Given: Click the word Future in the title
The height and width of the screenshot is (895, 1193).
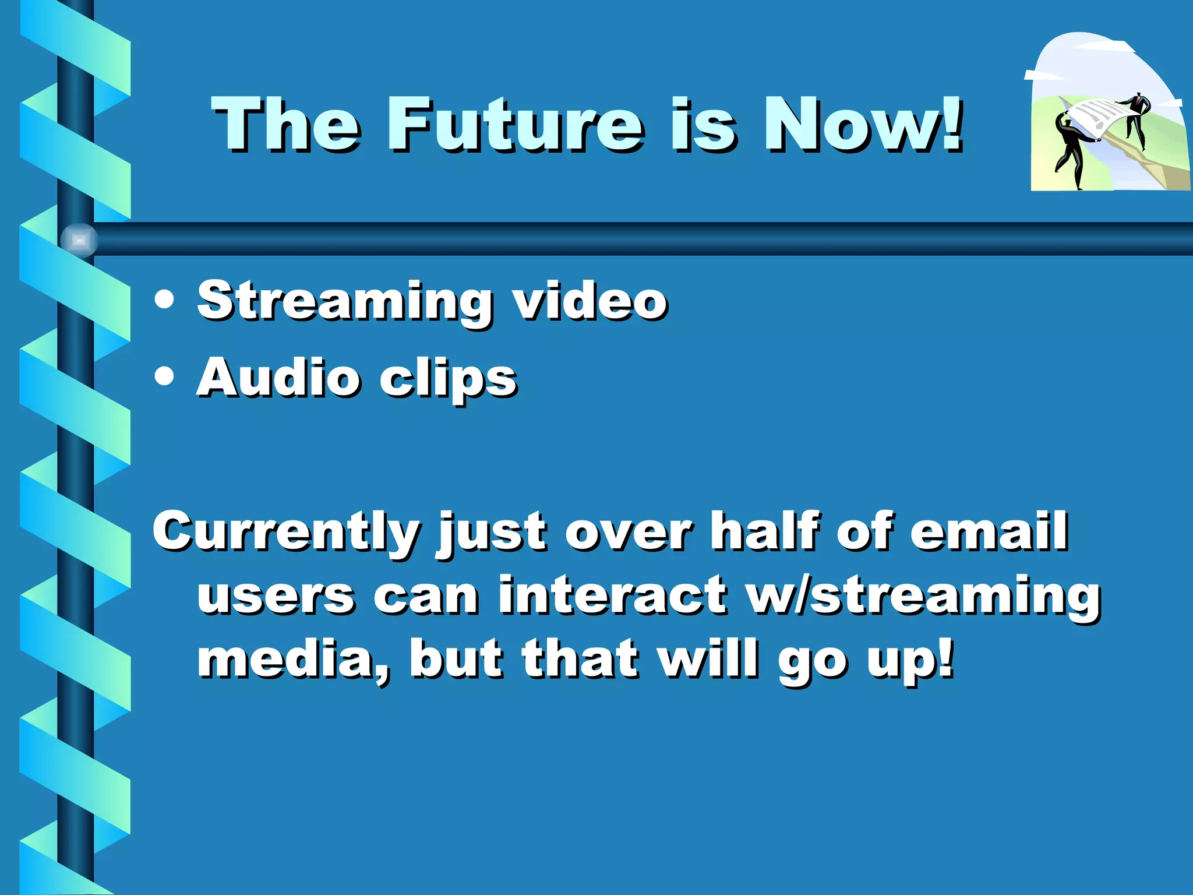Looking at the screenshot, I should click(516, 125).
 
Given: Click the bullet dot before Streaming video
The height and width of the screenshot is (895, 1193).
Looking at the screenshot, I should click(165, 299).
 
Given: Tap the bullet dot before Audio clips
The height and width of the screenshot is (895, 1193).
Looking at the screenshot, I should click(165, 376).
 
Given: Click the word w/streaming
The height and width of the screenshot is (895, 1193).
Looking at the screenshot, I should click(923, 598).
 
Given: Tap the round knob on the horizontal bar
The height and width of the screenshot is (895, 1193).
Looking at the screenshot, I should click(79, 240).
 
